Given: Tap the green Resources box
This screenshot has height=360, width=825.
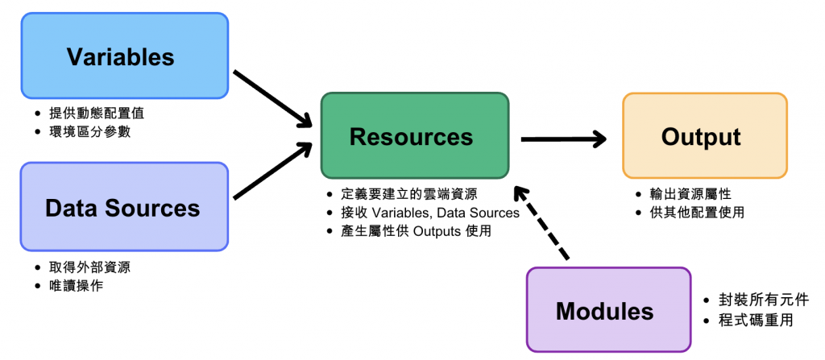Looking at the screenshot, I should click(x=414, y=136).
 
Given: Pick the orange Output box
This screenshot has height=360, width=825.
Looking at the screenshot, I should click(x=704, y=136).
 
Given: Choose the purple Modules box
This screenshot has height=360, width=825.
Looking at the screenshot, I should click(x=608, y=310).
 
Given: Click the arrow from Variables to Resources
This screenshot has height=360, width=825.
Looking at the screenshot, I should click(x=272, y=97).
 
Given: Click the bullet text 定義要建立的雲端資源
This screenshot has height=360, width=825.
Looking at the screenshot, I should click(x=408, y=194).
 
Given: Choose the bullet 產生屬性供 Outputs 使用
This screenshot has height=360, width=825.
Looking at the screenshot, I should click(x=416, y=231).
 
